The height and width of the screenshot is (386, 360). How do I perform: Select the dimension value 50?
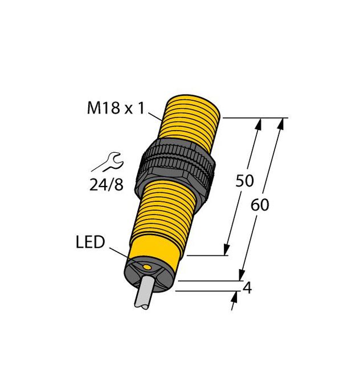[x=244, y=181]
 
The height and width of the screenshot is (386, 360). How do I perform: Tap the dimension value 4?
[x=247, y=288]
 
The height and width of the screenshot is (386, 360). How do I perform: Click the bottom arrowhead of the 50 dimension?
[x=227, y=249]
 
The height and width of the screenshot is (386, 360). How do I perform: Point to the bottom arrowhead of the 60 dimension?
[x=242, y=274]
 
